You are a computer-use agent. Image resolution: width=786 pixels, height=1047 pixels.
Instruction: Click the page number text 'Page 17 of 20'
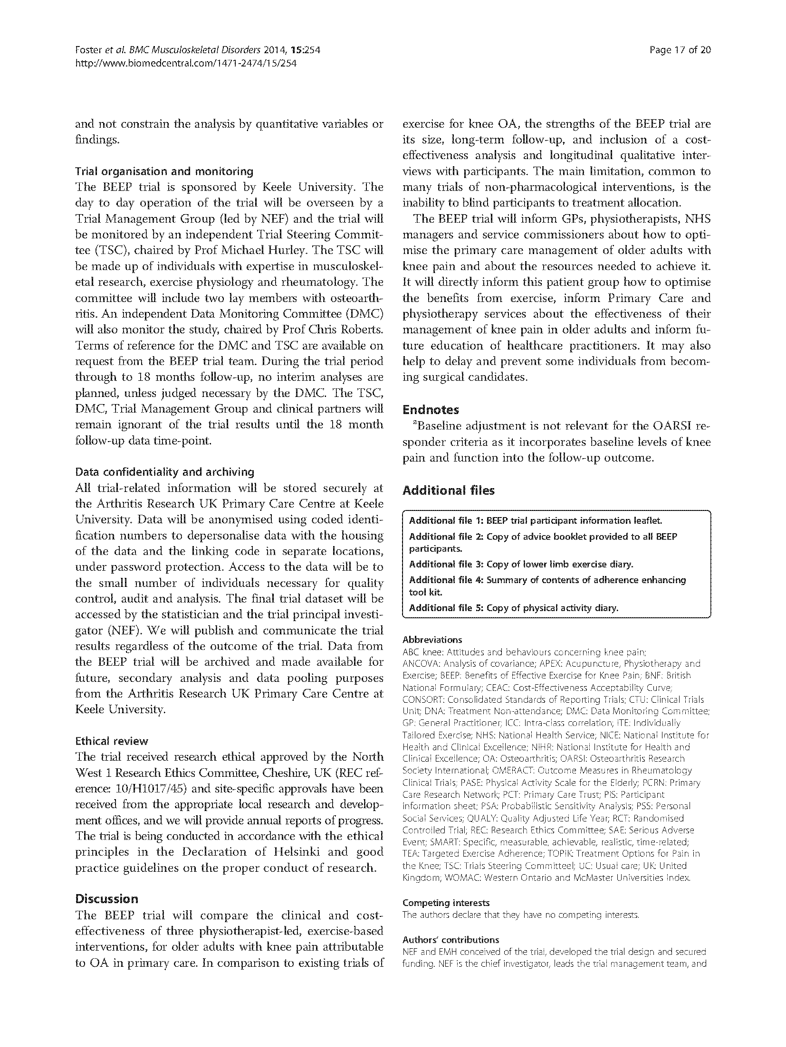[x=680, y=50]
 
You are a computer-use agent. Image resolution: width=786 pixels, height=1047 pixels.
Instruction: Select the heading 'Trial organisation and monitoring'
[x=164, y=171]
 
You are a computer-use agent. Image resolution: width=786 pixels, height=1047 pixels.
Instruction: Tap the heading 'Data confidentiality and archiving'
[x=164, y=472]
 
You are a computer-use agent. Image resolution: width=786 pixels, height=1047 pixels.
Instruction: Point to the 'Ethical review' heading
[x=112, y=741]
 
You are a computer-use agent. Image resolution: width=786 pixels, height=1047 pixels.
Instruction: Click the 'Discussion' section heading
[x=107, y=898]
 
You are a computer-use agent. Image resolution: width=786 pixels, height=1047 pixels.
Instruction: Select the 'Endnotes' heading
[x=431, y=409]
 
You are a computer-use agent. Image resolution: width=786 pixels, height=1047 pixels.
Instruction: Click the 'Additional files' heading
[x=448, y=490]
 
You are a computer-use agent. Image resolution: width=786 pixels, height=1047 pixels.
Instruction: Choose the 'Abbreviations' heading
[x=432, y=640]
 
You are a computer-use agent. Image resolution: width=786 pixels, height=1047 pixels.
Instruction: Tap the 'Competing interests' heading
[x=446, y=903]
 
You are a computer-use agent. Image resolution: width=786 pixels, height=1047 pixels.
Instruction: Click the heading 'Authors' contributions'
[x=451, y=940]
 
